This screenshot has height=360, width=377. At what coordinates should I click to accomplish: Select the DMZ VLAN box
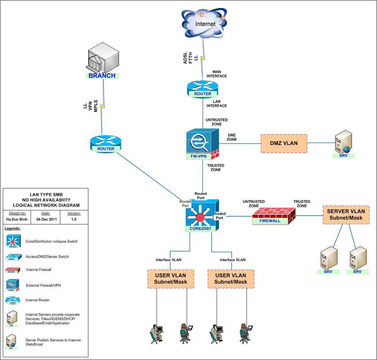284,143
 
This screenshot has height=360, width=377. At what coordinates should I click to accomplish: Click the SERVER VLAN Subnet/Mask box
346,214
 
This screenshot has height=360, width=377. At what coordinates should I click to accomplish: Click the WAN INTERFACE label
217,74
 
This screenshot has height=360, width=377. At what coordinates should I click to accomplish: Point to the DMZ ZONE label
232,137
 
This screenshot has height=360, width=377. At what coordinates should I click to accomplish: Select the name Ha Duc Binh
17,219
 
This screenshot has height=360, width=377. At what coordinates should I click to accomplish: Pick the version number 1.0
74,219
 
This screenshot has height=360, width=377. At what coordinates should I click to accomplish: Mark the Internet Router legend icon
13,300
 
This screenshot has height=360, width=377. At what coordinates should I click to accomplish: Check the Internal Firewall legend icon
13,269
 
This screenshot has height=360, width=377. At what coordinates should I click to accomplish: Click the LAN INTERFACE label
217,104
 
